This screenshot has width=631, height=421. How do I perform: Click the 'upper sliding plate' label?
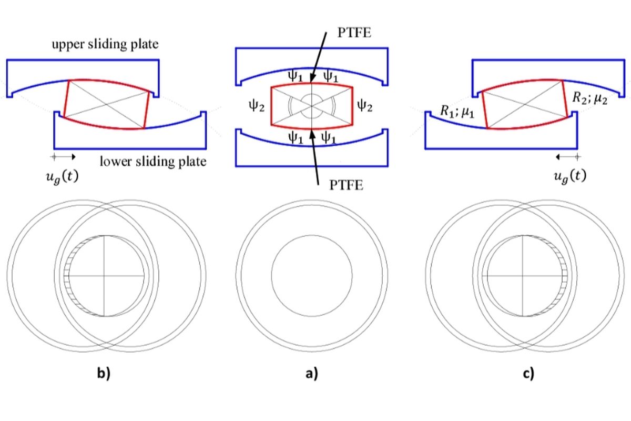pos(105,45)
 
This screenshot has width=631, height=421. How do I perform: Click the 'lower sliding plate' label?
pos(153,162)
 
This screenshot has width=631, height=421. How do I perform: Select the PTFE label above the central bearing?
pos(354,33)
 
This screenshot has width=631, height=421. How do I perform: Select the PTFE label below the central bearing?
pos(346,185)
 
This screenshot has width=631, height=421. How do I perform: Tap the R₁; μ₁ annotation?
pos(457,112)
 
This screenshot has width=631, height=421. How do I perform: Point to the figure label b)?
pos(104,373)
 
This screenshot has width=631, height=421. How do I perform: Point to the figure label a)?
pos(312,373)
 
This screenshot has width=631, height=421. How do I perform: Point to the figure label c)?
pos(528,373)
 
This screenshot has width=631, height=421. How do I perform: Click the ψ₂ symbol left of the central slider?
pos(257,106)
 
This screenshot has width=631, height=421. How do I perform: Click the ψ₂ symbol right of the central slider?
pos(365,106)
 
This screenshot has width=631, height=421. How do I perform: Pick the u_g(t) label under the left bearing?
pos(62,177)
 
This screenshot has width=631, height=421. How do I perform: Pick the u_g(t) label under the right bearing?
pos(570,176)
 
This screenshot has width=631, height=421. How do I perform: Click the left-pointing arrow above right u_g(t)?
pos(568,157)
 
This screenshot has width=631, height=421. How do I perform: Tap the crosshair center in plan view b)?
pos(104,276)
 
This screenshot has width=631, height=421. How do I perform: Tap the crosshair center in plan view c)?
pos(523,276)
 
